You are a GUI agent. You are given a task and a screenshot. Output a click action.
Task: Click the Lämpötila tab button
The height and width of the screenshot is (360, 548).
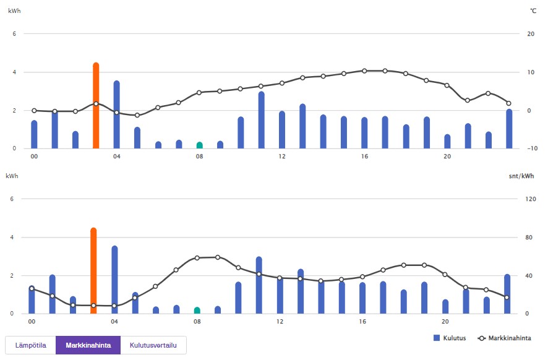pos(30,345)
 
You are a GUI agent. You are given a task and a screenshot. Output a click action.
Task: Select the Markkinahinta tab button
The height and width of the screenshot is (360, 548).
pos(88,345)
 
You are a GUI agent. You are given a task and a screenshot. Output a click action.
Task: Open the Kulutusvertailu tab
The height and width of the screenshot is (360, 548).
pos(153,345)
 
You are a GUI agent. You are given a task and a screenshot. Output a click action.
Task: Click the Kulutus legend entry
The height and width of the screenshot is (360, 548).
pos(450,338)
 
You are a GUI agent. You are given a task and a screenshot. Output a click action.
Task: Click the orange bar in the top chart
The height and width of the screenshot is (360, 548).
pos(96,106)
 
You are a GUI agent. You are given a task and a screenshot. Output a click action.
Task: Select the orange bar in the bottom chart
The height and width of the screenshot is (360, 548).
pos(93,271)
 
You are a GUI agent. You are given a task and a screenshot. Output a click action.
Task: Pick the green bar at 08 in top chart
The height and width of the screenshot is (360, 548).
pos(199,145)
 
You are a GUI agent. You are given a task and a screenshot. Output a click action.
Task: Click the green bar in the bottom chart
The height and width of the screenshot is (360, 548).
pos(197,311)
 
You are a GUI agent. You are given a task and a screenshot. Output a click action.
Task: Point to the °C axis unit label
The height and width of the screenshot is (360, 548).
pos(533,11)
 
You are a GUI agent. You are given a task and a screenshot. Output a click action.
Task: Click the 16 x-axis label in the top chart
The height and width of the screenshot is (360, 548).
pos(364,156)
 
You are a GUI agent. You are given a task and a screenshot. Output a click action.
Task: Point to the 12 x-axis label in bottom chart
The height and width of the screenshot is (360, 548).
pos(280,322)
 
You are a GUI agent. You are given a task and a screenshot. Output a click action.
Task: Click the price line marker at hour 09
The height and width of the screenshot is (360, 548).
pos(217,257)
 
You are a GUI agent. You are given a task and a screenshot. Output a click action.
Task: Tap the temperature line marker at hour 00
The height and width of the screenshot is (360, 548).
pos(34,111)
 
